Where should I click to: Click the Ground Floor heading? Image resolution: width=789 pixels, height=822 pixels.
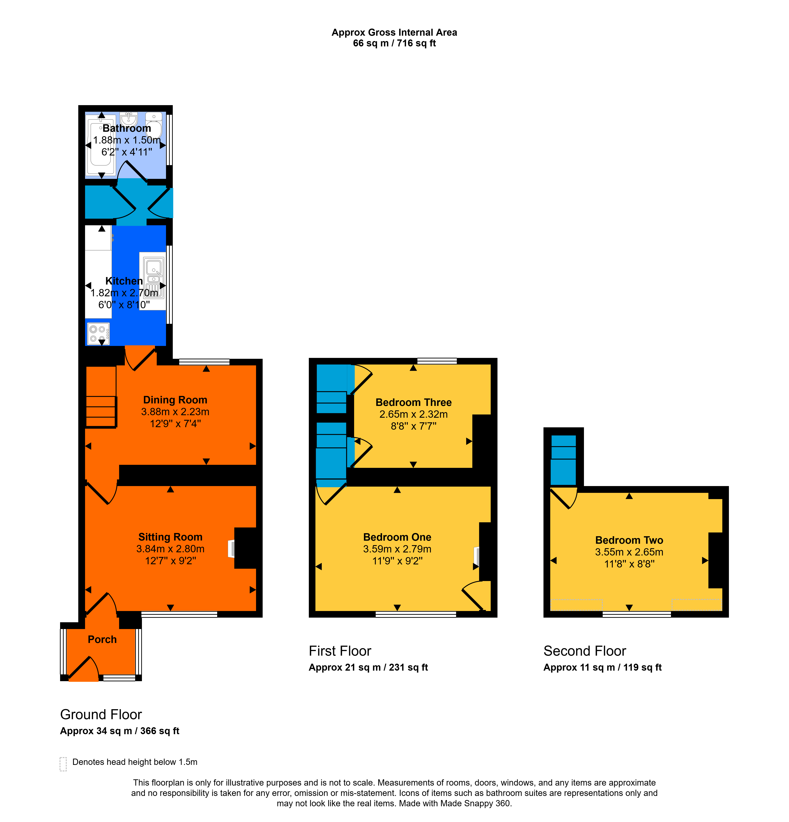point(101,714)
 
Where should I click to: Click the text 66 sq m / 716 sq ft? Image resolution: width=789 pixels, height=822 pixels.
point(394,43)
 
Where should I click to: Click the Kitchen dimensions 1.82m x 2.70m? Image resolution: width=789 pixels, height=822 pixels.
point(124,293)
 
